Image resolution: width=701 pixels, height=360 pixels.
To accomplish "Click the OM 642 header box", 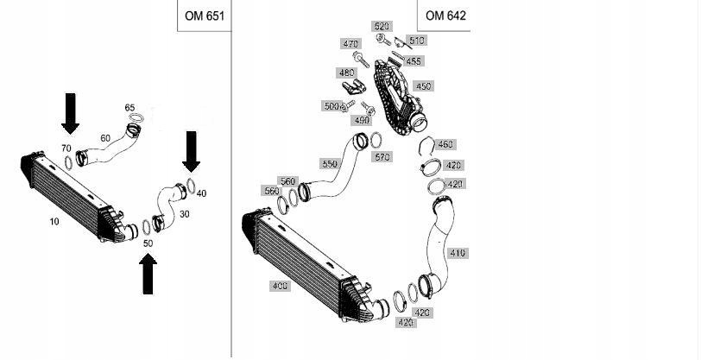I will click(445, 16).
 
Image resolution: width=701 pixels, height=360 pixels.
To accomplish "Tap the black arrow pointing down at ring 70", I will click(70, 111).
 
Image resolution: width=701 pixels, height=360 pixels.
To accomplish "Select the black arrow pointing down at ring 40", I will click(191, 150).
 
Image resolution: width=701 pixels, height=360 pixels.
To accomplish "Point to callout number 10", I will click(54, 222).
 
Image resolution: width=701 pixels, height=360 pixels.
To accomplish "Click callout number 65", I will click(129, 108).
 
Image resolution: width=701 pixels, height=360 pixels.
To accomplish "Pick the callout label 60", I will click(105, 138).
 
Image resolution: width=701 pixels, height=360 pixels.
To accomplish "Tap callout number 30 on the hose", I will click(184, 213).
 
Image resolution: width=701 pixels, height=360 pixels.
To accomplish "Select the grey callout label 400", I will click(280, 286).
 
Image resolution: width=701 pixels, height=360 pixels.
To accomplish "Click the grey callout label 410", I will click(457, 254).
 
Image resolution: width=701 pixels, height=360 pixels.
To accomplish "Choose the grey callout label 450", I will click(423, 86).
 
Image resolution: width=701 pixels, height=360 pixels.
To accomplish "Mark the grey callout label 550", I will click(329, 164).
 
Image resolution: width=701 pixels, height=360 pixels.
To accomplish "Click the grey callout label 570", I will click(382, 157).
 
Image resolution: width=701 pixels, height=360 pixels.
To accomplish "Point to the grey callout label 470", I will click(350, 44).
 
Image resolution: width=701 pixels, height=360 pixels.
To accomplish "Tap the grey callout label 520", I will click(382, 27).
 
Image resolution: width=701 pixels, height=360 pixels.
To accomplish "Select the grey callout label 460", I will click(445, 145).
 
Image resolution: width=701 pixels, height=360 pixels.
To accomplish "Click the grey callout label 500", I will click(330, 106).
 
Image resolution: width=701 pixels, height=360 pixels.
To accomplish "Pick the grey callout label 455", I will click(413, 62).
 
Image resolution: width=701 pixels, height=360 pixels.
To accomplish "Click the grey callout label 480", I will click(346, 73).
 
